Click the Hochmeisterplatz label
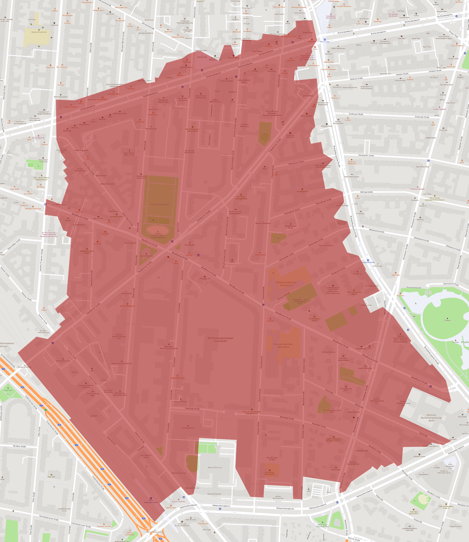tap(160, 204)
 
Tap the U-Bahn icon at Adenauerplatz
tap(325, 40)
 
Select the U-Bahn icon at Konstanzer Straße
tap(368, 260)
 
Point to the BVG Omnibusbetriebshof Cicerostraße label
tap(220, 340)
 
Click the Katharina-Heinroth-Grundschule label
tap(286, 284)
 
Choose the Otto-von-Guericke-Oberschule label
tap(283, 345)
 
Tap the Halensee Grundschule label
tap(39, 32)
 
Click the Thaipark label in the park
tap(447, 320)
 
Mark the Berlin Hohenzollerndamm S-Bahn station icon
tap(151, 498)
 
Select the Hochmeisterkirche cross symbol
tap(146, 254)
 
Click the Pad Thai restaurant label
tap(189, 255)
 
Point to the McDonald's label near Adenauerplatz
tap(311, 41)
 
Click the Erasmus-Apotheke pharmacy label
tap(179, 501)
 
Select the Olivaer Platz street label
tap(453, 34)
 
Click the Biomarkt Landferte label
tap(61, 97)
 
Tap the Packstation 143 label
tap(205, 279)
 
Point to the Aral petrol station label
tap(370, 348)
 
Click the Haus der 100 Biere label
tap(71, 107)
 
